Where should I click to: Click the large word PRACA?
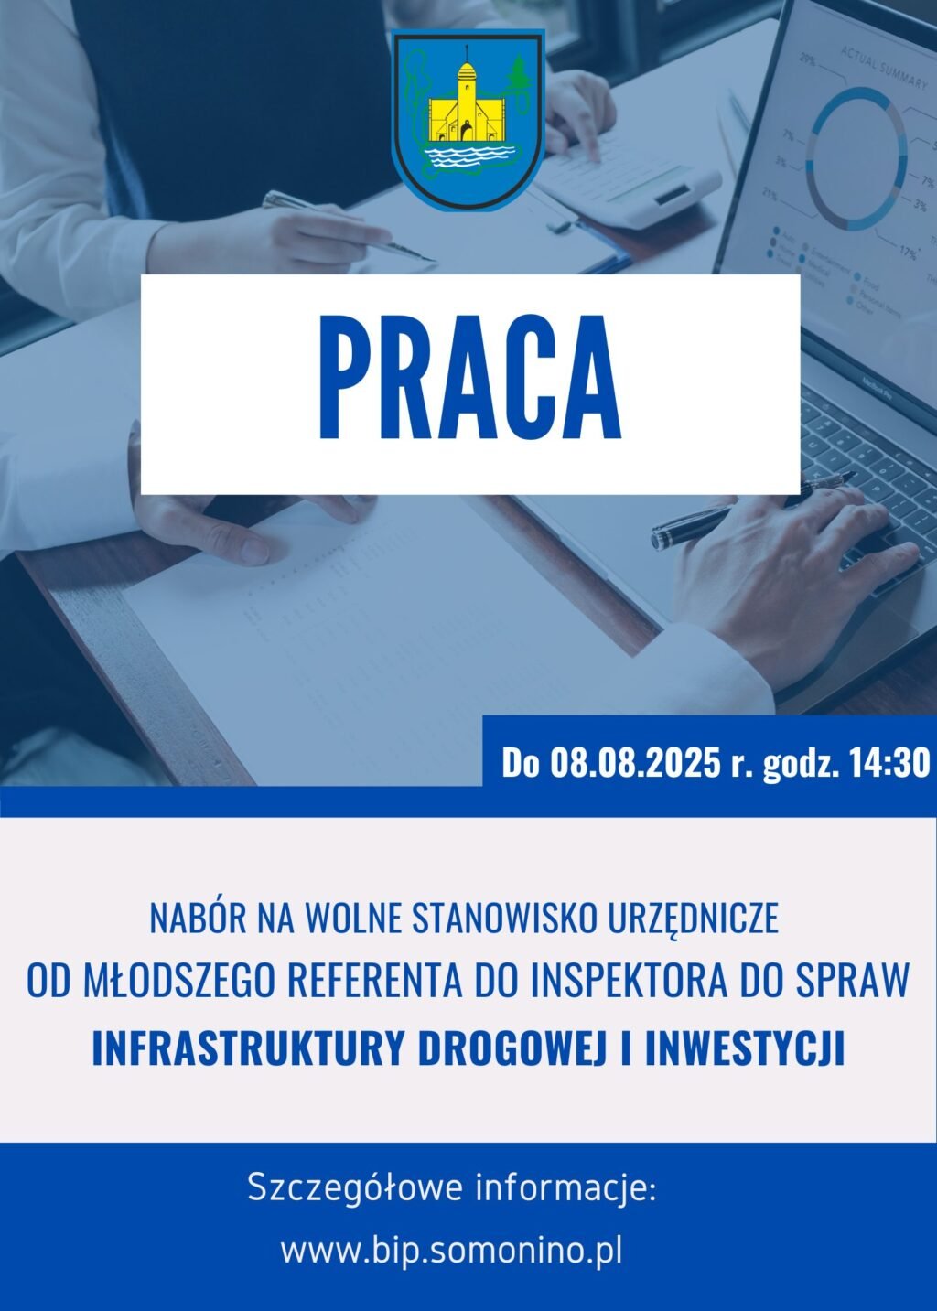469,380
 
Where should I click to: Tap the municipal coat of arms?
468,121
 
